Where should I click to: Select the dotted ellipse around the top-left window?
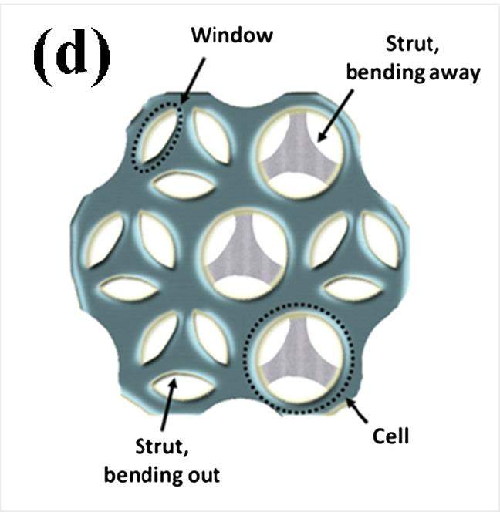tap(140, 154)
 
